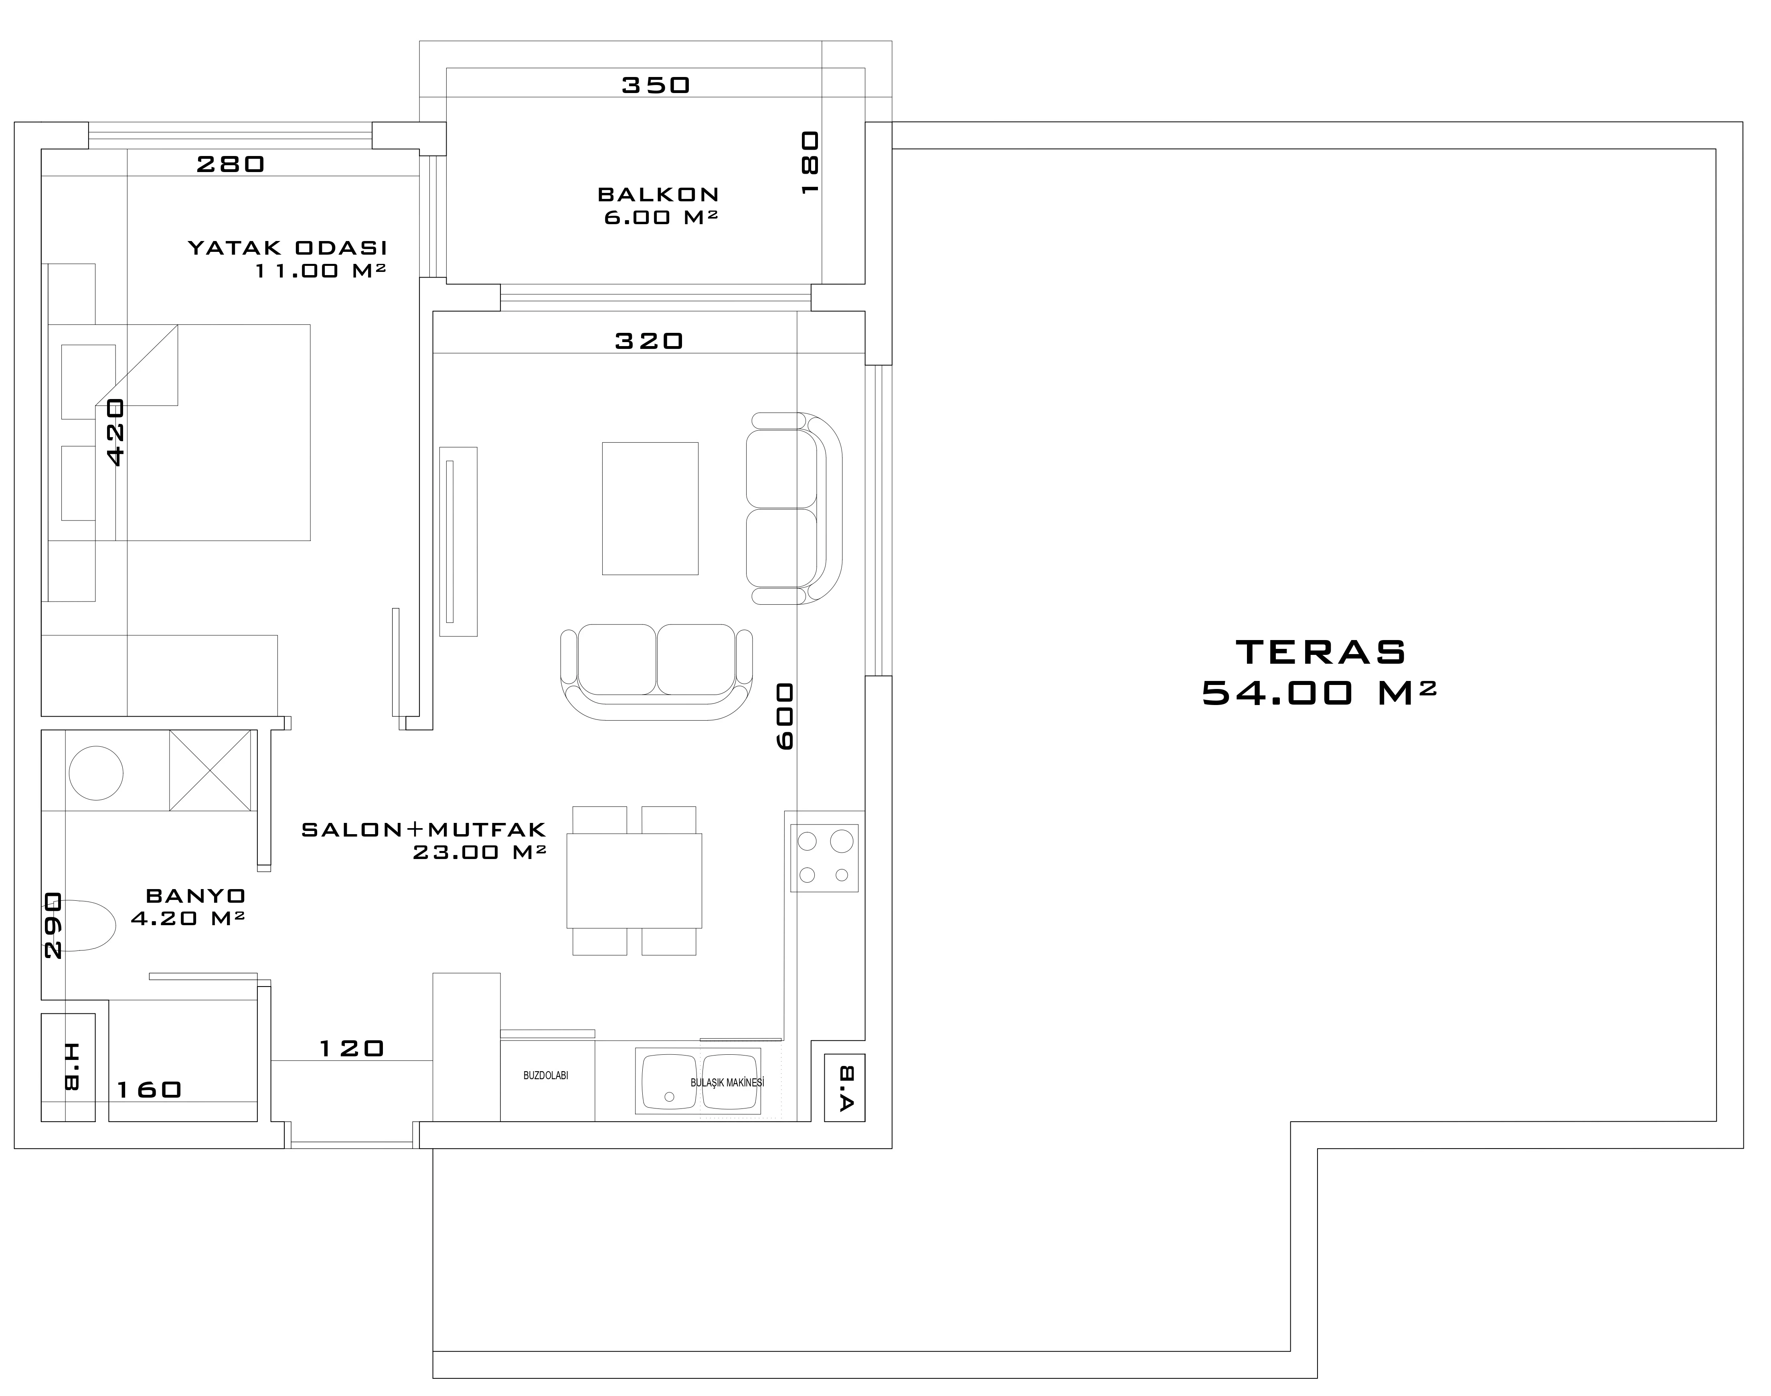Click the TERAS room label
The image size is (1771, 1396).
tap(1321, 652)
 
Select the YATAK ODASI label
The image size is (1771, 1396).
tap(287, 248)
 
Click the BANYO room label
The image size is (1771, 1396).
tap(196, 896)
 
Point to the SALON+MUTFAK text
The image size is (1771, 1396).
tap(423, 830)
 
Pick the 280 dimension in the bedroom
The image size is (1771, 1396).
tap(231, 164)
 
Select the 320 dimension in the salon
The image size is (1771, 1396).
tap(649, 341)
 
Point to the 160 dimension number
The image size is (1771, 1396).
tap(149, 1090)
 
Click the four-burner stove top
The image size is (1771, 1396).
tap(824, 857)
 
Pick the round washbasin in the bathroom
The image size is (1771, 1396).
tap(97, 772)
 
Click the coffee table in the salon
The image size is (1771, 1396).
tap(650, 509)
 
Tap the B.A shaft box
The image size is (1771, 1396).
tap(844, 1088)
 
